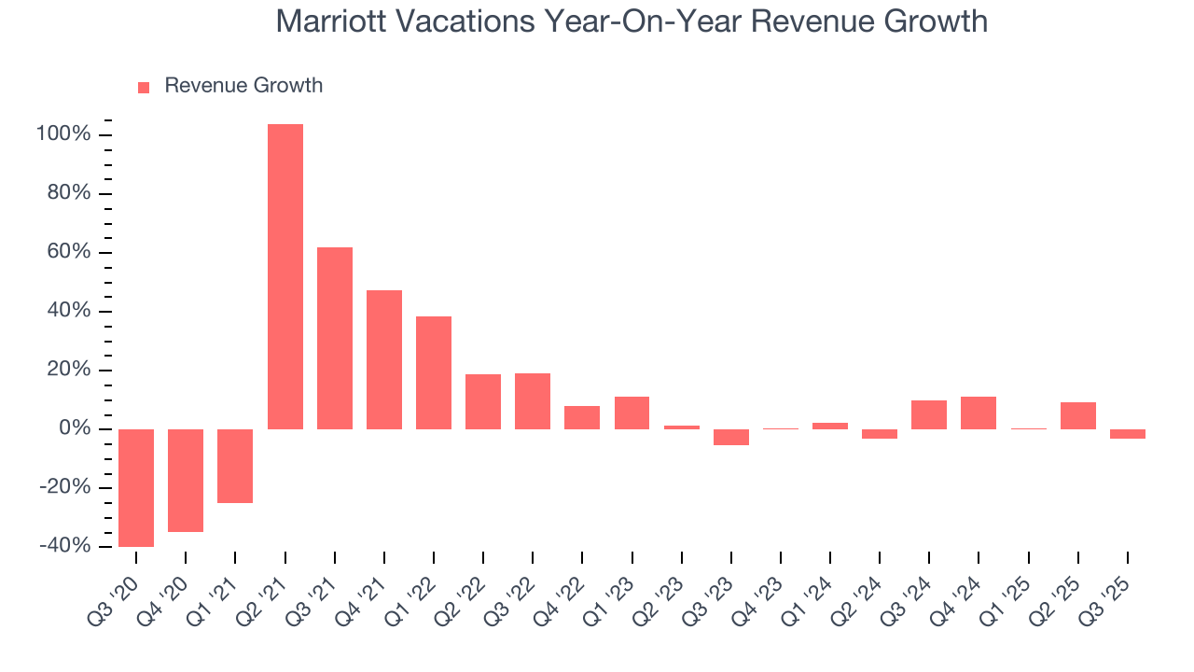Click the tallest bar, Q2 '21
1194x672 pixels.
(x=285, y=276)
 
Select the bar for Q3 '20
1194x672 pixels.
(x=136, y=487)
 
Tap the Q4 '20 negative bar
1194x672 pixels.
(x=186, y=480)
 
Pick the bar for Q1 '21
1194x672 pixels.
(x=235, y=466)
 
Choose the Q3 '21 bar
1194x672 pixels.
(x=335, y=338)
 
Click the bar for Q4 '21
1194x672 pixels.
(x=384, y=359)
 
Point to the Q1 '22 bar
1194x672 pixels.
(x=434, y=372)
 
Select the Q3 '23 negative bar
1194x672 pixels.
(x=731, y=437)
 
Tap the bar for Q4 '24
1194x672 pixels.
(x=979, y=413)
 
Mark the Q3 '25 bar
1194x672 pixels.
(x=1127, y=434)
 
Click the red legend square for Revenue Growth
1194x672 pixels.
(x=144, y=87)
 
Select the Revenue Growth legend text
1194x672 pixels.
(x=243, y=86)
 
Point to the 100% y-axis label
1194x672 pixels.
(x=63, y=134)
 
